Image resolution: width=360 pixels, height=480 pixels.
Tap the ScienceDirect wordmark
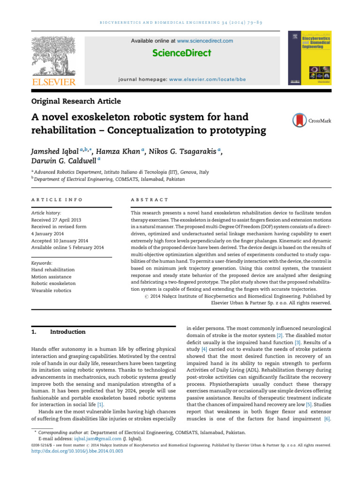click(x=181, y=53)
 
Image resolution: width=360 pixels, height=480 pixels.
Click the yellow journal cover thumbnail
click(x=311, y=58)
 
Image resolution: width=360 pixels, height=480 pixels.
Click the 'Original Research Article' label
click(x=76, y=101)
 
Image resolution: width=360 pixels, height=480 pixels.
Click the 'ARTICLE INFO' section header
click(x=57, y=200)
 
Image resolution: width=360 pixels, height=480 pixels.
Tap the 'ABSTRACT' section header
click(x=149, y=200)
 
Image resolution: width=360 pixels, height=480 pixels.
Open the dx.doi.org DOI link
click(x=77, y=451)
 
